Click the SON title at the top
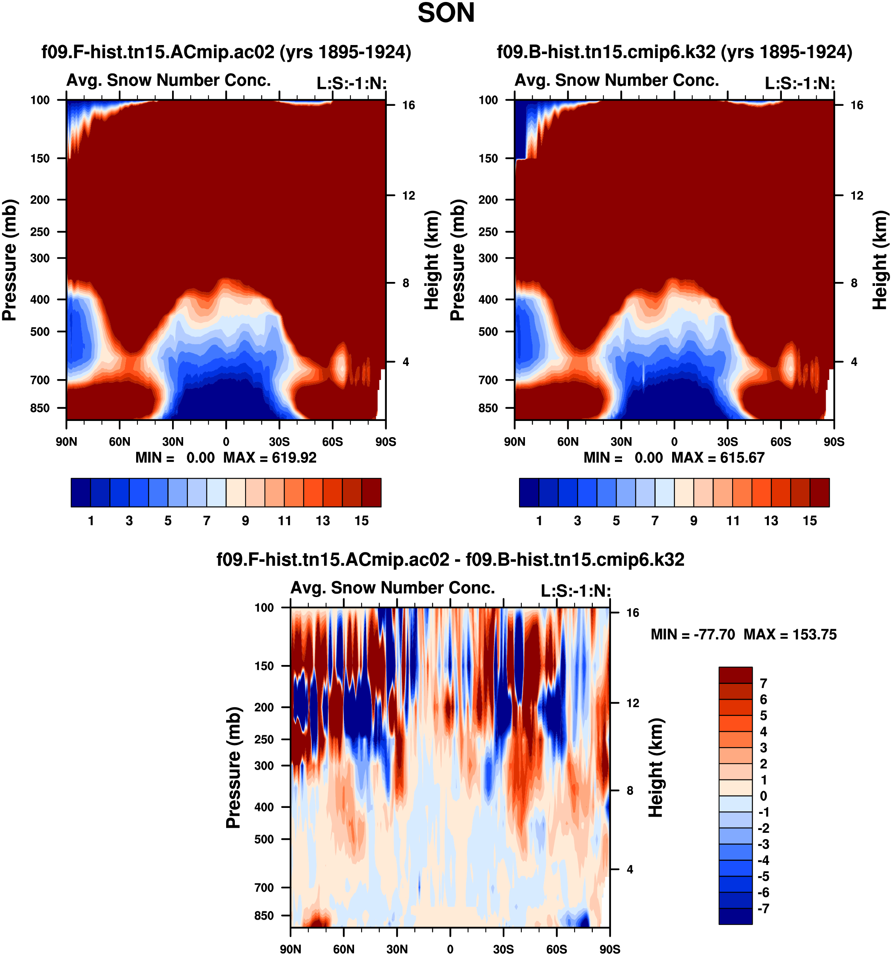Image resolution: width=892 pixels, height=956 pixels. [446, 13]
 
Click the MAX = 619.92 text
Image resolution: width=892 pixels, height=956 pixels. [270, 457]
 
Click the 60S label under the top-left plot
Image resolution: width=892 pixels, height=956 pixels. [332, 442]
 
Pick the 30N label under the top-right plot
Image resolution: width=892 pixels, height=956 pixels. [621, 442]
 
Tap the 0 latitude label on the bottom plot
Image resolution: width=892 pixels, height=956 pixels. [450, 949]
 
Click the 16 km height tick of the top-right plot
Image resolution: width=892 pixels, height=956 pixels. [856, 105]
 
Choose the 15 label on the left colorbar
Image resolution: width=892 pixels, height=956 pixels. [362, 521]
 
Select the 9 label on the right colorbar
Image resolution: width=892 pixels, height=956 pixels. [693, 521]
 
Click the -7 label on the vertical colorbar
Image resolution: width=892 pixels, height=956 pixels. [763, 908]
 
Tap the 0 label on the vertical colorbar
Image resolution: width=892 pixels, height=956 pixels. [763, 796]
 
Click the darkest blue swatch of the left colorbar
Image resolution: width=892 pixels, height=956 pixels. [81, 492]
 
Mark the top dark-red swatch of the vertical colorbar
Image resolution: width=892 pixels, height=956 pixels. [735, 675]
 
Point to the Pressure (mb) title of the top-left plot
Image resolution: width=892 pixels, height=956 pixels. [9, 260]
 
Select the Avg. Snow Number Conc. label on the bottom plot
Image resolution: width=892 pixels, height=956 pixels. [393, 588]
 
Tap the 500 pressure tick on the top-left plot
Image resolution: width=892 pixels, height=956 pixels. [40, 332]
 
